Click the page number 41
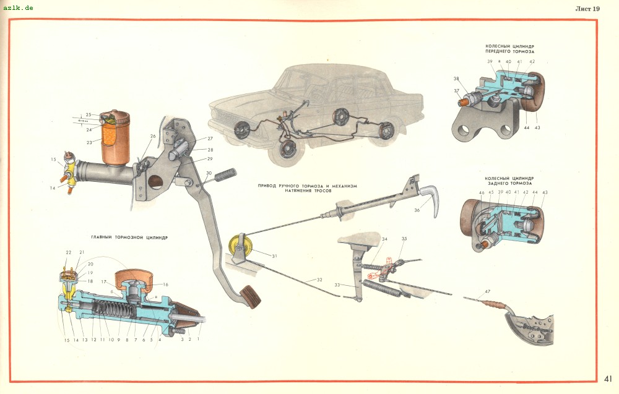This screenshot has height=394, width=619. (608, 378)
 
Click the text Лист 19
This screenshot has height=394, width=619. (587, 9)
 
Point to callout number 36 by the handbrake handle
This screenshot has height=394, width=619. (417, 210)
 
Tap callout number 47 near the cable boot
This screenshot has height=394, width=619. (487, 291)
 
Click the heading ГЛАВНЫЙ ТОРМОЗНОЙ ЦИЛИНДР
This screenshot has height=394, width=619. (129, 237)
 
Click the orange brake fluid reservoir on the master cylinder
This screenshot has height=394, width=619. (115, 139)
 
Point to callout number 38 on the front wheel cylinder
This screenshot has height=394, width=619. (456, 79)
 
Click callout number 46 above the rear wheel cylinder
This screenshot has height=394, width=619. (482, 192)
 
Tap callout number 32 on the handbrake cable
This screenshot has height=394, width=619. (319, 280)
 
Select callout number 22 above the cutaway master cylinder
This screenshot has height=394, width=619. (69, 252)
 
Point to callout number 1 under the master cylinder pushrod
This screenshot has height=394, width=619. (199, 339)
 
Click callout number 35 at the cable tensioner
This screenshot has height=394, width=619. (404, 239)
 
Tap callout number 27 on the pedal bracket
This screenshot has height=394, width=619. (210, 139)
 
